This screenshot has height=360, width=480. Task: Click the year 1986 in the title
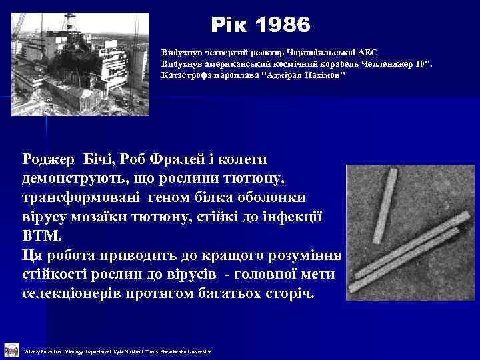coord(283,25)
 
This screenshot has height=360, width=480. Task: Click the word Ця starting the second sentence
coord(35,256)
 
